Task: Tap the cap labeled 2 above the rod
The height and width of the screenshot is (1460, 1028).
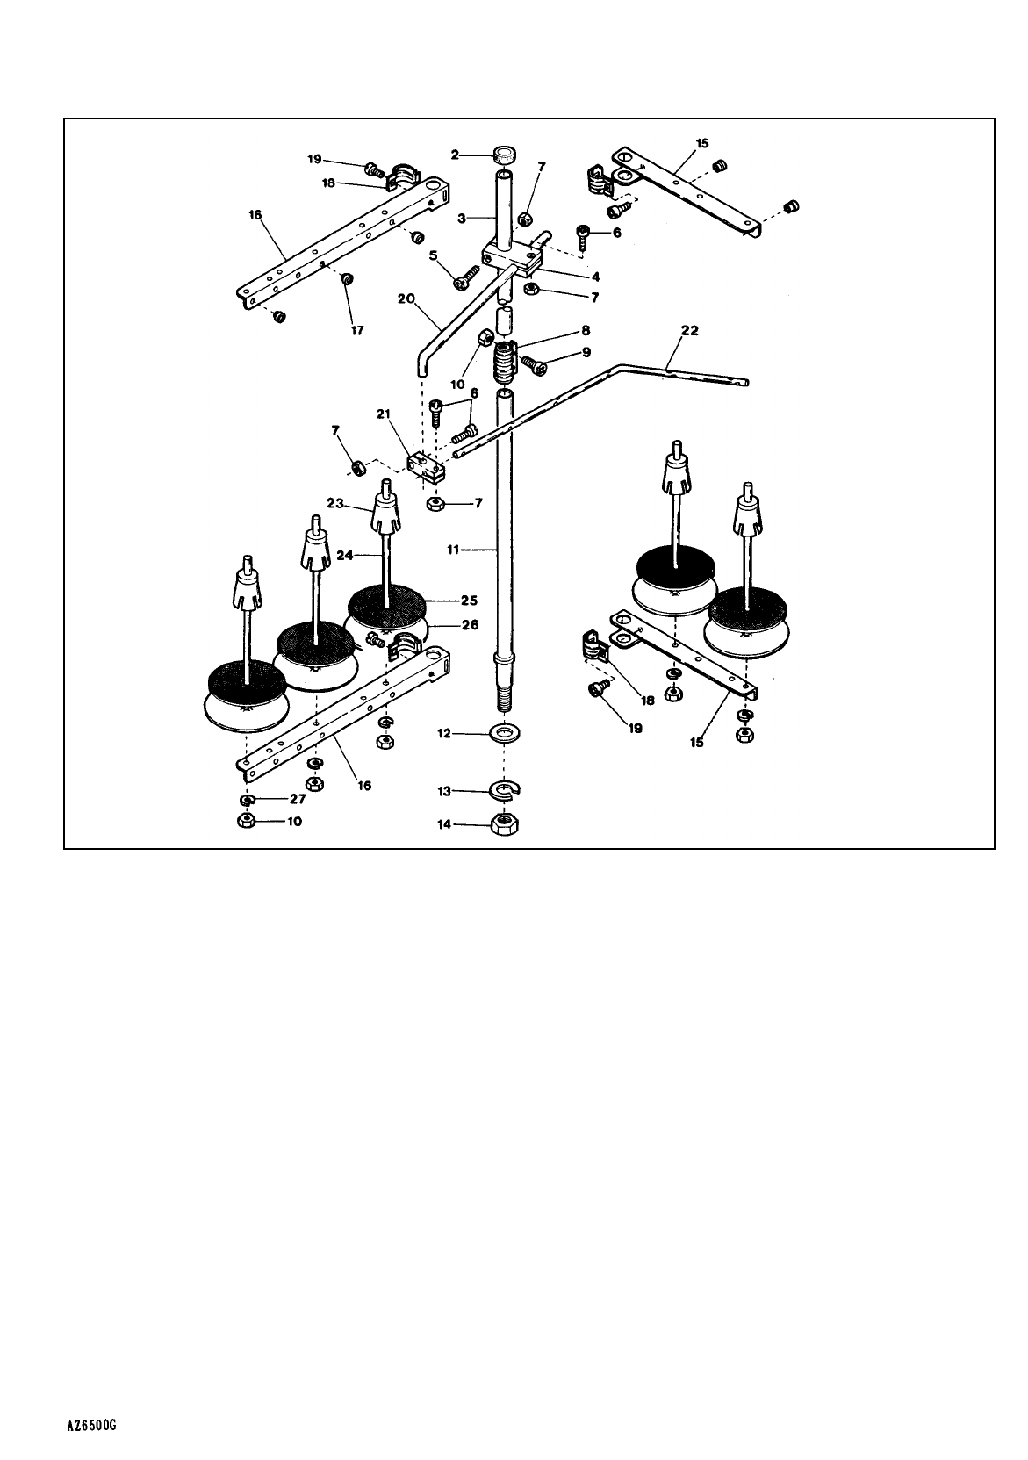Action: (504, 156)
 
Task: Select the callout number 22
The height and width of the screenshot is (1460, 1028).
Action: (691, 330)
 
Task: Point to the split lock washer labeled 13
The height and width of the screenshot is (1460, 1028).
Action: (505, 792)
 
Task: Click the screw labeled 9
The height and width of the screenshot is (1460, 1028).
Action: (533, 363)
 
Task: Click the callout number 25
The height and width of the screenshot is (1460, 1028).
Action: (469, 601)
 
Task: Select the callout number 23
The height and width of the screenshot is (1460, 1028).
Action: (334, 504)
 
